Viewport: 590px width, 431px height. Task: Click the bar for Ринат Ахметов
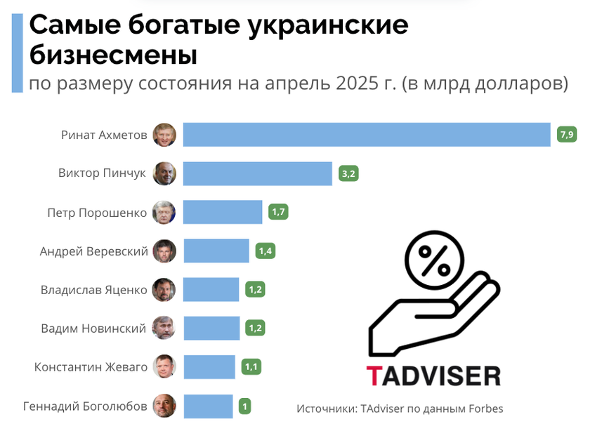pyautogui.click(x=366, y=135)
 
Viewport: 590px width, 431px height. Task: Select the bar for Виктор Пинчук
pyautogui.click(x=257, y=173)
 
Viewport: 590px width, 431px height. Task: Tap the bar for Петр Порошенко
pyautogui.click(x=222, y=212)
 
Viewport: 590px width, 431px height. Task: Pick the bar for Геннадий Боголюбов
pyautogui.click(x=207, y=406)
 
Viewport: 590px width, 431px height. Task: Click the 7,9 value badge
pyautogui.click(x=566, y=134)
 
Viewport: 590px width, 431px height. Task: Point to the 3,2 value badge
pyautogui.click(x=348, y=173)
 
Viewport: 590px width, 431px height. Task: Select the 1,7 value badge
pyautogui.click(x=278, y=212)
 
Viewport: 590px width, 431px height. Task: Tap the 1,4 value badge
pyautogui.click(x=265, y=251)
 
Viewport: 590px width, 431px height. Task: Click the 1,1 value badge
pyautogui.click(x=251, y=366)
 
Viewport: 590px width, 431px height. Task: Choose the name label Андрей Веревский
pyautogui.click(x=93, y=251)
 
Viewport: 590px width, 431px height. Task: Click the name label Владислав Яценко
pyautogui.click(x=94, y=289)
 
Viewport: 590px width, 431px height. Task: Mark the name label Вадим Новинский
pyautogui.click(x=93, y=328)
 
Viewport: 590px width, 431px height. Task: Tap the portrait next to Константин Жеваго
pyautogui.click(x=164, y=366)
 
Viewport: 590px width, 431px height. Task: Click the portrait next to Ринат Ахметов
pyautogui.click(x=164, y=135)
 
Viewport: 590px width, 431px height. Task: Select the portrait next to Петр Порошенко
pyautogui.click(x=164, y=212)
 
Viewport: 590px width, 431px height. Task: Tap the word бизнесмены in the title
pyautogui.click(x=113, y=55)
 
